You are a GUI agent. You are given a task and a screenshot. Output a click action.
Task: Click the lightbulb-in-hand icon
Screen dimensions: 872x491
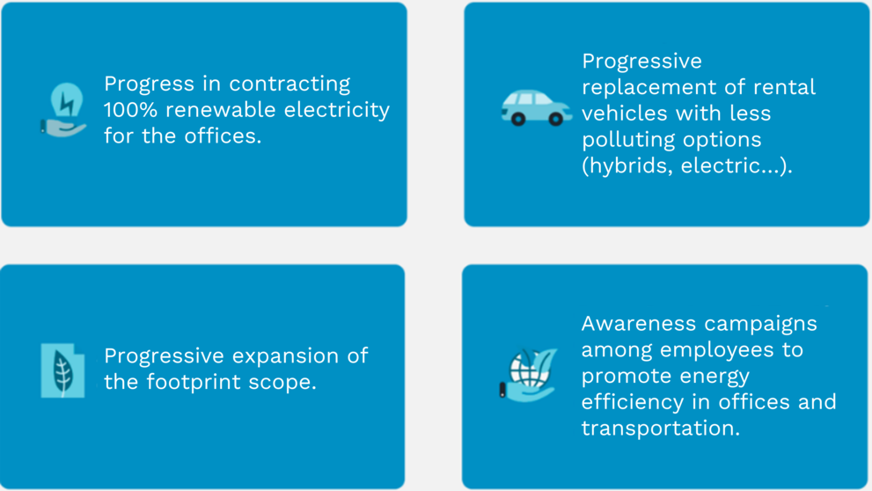(63, 109)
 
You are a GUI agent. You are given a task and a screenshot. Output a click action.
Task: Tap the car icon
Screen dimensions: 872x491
(536, 108)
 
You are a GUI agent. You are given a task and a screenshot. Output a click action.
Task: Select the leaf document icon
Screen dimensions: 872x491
(62, 370)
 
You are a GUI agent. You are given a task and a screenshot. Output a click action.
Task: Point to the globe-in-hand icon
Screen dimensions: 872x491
(528, 374)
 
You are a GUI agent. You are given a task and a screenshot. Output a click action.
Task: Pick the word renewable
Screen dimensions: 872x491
(221, 109)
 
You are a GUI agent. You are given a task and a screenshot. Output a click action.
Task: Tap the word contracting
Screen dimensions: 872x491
(289, 84)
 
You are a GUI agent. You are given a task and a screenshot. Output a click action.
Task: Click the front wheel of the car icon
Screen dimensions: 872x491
(555, 119)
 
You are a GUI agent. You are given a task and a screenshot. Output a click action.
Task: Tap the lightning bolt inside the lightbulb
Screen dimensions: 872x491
(67, 103)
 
